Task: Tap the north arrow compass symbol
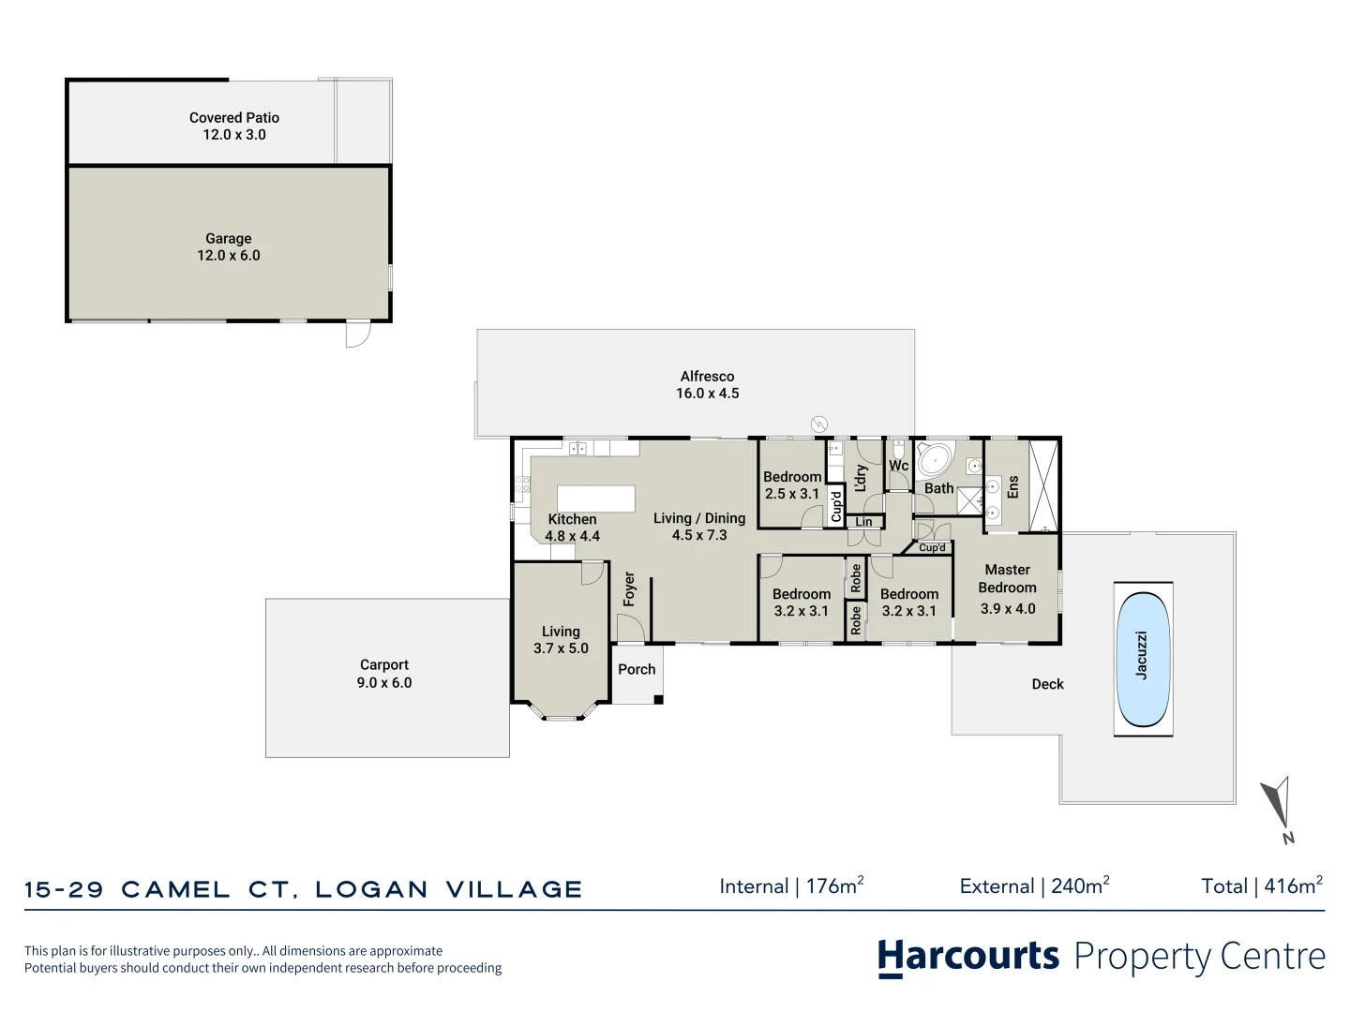1279,808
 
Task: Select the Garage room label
229,246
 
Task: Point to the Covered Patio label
234,126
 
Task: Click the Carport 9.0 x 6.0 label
384,674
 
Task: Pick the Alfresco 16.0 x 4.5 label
708,384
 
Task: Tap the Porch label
637,669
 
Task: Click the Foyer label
629,589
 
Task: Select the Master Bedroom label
1008,588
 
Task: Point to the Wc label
898,466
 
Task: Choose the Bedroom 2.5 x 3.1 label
792,484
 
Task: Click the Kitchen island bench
596,498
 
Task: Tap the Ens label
1012,486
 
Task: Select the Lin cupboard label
863,522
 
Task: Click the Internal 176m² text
791,885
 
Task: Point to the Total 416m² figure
1262,885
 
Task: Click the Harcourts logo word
968,957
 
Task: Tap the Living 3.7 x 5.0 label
561,640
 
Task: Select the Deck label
1047,684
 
